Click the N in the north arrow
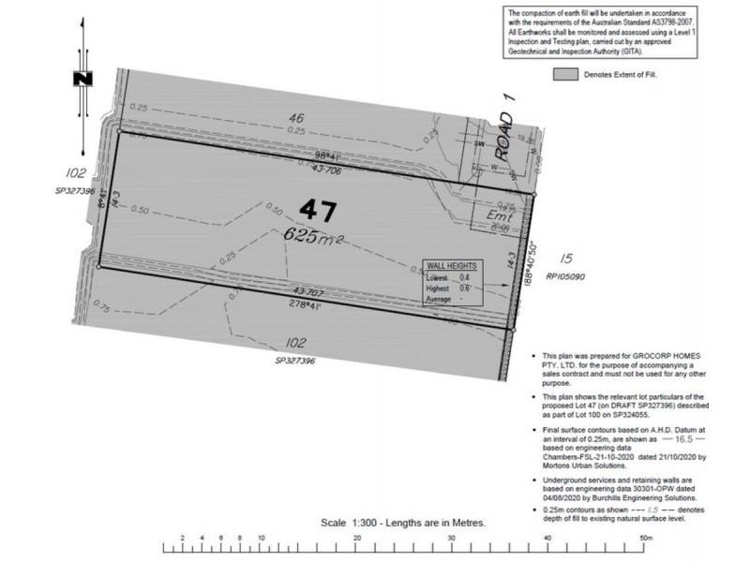tap(84, 80)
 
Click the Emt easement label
tap(497, 214)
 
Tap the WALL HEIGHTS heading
tap(452, 267)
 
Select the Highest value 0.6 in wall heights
tap(464, 289)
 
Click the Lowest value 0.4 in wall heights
tap(464, 278)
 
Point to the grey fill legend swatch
tap(564, 72)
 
